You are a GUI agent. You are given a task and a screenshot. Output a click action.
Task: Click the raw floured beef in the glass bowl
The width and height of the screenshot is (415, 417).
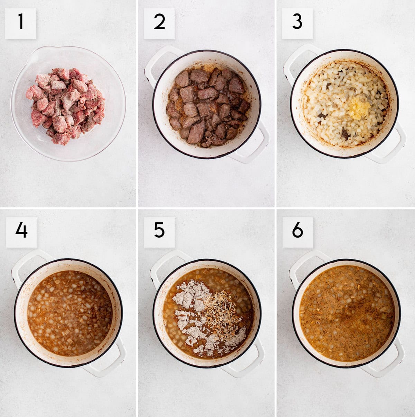click(x=65, y=106)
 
